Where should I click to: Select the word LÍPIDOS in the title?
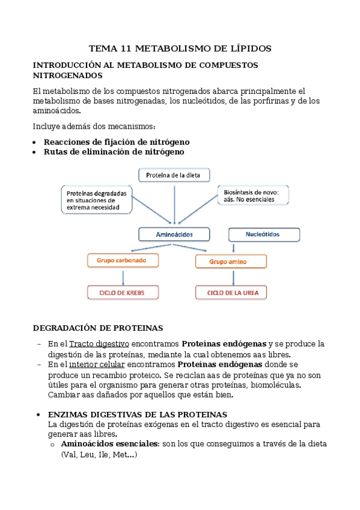click(x=248, y=48)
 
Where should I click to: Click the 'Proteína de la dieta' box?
click(x=174, y=175)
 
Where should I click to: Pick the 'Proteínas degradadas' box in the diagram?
click(x=97, y=198)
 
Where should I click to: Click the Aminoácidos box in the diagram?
click(x=174, y=234)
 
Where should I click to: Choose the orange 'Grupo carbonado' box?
click(x=123, y=260)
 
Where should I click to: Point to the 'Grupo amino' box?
click(x=231, y=262)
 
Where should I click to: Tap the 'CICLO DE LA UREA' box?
click(x=231, y=293)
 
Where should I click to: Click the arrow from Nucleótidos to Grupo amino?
click(x=233, y=248)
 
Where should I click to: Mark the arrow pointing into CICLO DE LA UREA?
click(x=231, y=277)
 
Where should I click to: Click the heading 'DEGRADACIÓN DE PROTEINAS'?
click(x=97, y=328)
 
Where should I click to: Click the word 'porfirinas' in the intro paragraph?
click(x=269, y=101)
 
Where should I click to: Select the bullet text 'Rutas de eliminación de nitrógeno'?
click(x=114, y=152)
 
